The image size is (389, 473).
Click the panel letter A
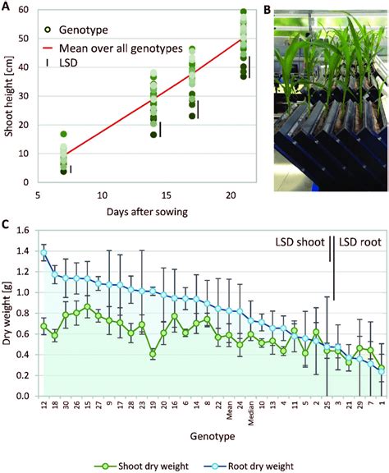coord(7,7)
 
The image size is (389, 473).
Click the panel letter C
coord(7,223)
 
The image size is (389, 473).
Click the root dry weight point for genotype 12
coord(44,252)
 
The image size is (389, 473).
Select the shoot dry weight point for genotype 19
coord(153,354)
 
